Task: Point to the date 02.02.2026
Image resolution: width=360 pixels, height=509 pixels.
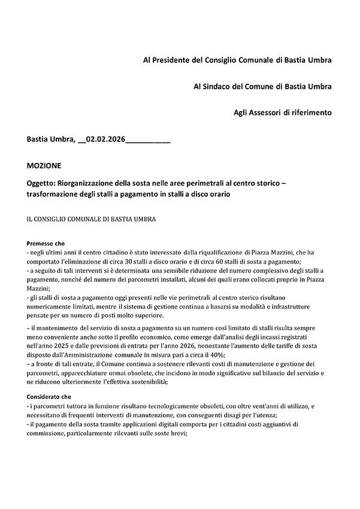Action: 105,140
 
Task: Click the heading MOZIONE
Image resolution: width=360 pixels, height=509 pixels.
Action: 44,165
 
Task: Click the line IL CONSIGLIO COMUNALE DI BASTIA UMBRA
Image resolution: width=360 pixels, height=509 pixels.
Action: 91,219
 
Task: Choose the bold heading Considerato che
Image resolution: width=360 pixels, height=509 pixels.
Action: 49,396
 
